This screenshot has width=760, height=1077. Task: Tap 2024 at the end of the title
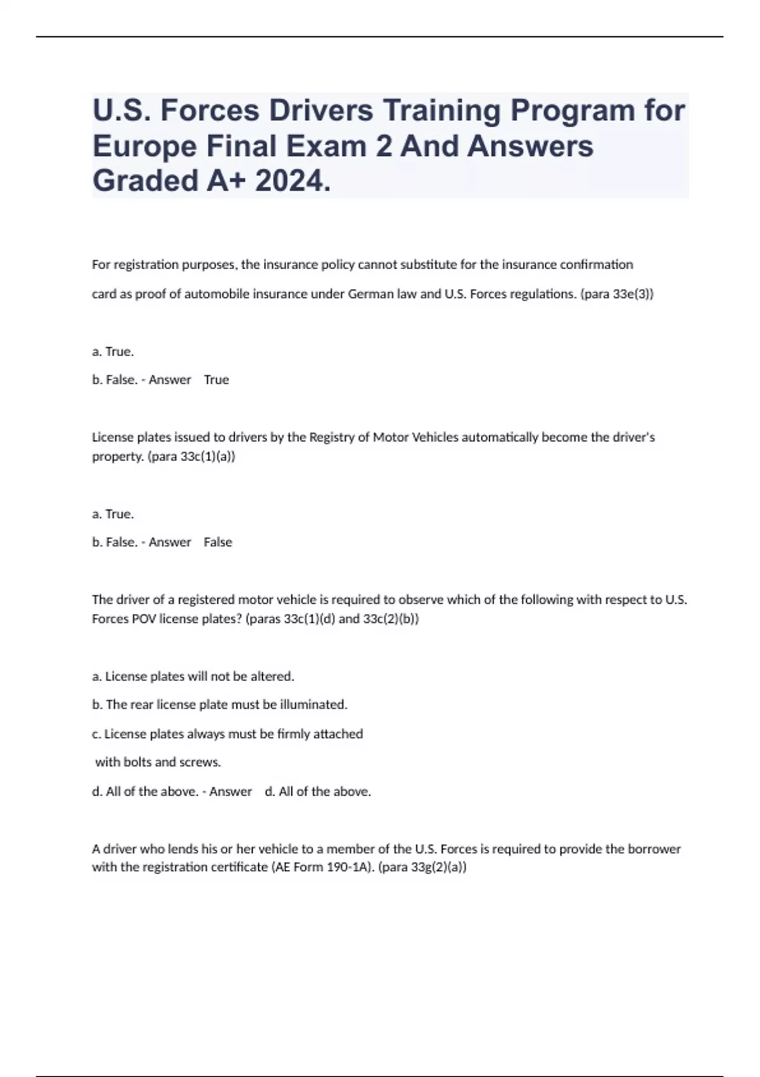click(x=292, y=181)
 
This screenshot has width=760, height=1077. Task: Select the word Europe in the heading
click(x=144, y=147)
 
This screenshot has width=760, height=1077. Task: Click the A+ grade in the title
click(x=225, y=181)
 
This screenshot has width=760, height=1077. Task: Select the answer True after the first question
click(x=216, y=380)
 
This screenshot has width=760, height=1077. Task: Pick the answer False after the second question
click(x=218, y=542)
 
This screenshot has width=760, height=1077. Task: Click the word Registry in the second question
click(x=332, y=437)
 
